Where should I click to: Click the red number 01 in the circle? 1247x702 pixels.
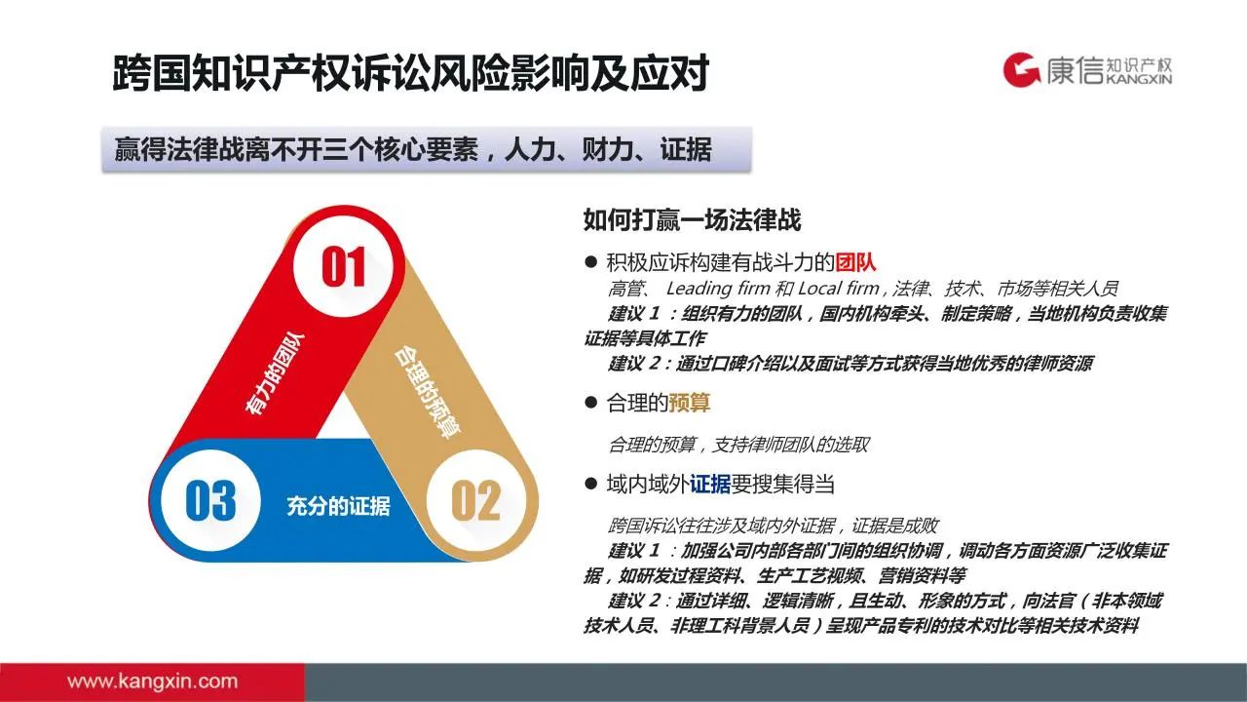[x=344, y=267]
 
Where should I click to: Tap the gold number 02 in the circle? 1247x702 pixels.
[x=476, y=500]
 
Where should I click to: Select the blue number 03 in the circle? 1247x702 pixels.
[x=210, y=500]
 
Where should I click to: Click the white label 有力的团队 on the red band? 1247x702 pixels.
[x=275, y=373]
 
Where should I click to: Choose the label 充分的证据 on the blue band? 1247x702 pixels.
[x=338, y=506]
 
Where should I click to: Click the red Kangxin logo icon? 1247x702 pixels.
[x=1022, y=69]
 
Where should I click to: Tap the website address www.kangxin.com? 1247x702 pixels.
[x=152, y=681]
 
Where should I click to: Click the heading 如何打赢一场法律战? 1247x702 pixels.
[x=692, y=219]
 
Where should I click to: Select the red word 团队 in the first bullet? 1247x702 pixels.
[x=855, y=262]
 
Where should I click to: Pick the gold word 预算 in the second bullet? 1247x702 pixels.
[x=689, y=403]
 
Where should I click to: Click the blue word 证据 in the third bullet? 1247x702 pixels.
[x=710, y=484]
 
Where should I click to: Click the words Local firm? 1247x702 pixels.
[x=839, y=289]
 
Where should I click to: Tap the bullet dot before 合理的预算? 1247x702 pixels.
[x=590, y=402]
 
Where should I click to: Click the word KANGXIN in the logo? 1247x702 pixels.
[x=1139, y=79]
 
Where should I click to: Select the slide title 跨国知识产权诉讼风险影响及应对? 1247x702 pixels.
[x=411, y=73]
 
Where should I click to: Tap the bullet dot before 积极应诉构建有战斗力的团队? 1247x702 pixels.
[x=590, y=261]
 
